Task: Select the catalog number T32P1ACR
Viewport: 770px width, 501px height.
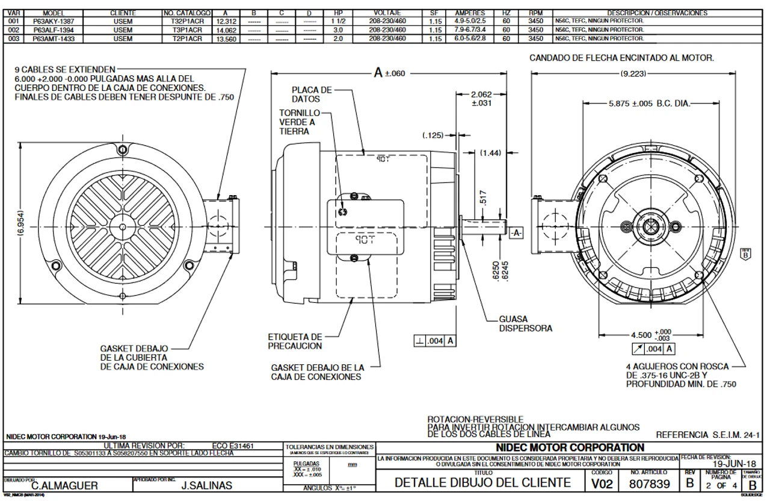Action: point(186,20)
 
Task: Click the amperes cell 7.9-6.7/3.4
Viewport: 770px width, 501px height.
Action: point(472,28)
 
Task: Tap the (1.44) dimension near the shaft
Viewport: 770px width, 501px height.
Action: point(491,153)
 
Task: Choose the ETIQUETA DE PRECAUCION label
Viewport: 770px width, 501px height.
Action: point(295,341)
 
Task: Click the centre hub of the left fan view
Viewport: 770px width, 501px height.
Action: point(122,227)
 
